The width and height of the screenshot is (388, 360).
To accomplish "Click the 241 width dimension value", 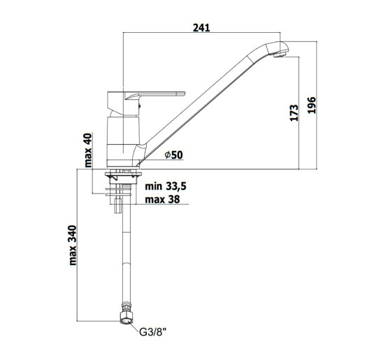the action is click(201, 28).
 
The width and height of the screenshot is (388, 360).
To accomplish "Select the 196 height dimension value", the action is click(312, 105).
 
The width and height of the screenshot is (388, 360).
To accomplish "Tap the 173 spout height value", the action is click(294, 113).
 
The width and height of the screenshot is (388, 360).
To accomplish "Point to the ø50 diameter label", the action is click(173, 155).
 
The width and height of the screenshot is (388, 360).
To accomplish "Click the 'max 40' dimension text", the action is click(88, 150).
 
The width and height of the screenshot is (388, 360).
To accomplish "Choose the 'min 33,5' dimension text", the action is click(166, 187).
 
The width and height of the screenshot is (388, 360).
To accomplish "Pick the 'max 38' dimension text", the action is click(162, 199).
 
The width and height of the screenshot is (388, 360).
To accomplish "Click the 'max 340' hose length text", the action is click(73, 245).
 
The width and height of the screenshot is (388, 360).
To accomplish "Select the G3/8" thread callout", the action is click(152, 332).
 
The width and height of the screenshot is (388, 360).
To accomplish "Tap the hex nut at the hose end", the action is click(127, 317).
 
